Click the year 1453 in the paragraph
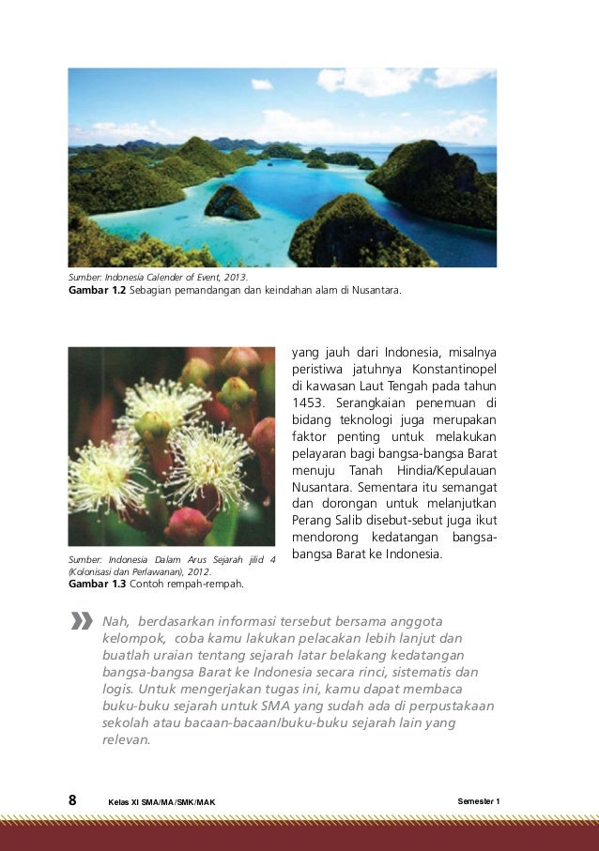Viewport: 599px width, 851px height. [310, 403]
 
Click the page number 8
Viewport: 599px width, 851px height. [72, 800]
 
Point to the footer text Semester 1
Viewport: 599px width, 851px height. [479, 800]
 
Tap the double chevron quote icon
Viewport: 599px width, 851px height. [80, 621]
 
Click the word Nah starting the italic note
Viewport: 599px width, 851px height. [114, 621]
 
